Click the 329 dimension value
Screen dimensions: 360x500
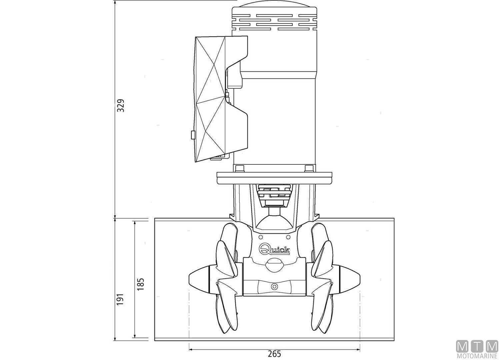click(x=121, y=105)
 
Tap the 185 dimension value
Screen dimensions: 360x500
click(x=141, y=284)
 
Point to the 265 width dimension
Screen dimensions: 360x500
click(x=274, y=354)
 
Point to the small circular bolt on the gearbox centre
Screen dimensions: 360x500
click(x=274, y=286)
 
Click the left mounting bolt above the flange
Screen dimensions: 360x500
click(x=239, y=168)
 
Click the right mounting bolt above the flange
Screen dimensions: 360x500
click(x=309, y=168)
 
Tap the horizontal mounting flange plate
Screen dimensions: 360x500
click(x=274, y=177)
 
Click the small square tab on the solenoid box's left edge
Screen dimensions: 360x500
click(x=192, y=135)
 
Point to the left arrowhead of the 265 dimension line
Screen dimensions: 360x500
click(x=191, y=349)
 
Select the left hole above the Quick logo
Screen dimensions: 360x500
click(x=261, y=237)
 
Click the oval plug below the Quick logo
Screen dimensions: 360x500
click(x=274, y=265)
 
